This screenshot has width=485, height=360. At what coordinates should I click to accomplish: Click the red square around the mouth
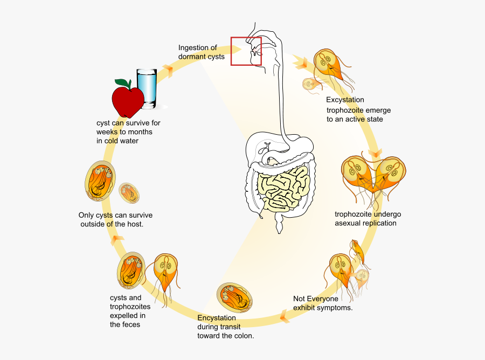246,51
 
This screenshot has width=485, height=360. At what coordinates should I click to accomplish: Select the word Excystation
345,100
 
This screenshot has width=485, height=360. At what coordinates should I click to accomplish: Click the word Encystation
217,318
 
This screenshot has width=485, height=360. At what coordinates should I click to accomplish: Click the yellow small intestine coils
283,189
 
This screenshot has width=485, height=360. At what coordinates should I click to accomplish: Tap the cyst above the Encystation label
235,297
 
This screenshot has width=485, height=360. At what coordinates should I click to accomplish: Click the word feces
128,324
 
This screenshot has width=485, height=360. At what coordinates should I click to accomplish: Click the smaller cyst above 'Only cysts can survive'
130,192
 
